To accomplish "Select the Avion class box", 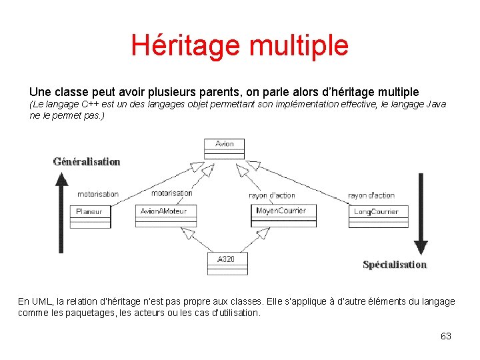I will [x=225, y=148].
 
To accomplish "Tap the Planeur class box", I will [x=90, y=216].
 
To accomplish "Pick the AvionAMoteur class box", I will [x=163, y=216].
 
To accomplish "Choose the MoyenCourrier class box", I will [x=281, y=215].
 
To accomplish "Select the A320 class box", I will [x=227, y=263].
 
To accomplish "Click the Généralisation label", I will [x=87, y=161].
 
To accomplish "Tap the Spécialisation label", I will [x=395, y=265].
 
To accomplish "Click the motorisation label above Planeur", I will [x=98, y=194].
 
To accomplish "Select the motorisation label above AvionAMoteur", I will [x=171, y=193].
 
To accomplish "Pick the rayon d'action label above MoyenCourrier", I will [x=271, y=195].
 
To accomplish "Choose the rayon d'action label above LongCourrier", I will [x=371, y=195].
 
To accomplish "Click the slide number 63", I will [x=446, y=336].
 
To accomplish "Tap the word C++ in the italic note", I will [x=91, y=105].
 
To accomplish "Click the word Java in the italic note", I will [x=433, y=105].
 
